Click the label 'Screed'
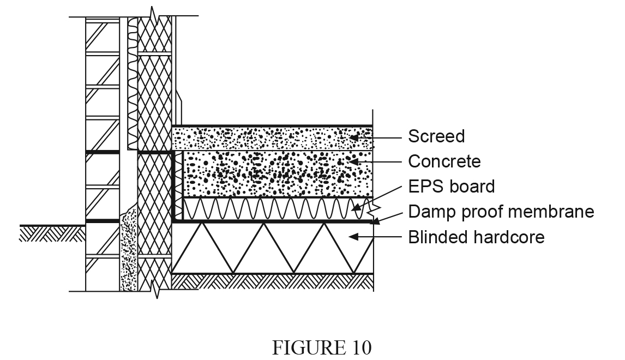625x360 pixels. (x=436, y=136)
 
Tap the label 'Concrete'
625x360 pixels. (x=444, y=161)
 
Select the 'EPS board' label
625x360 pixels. (x=452, y=187)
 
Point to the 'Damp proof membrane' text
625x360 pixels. (x=501, y=212)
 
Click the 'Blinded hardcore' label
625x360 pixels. (x=476, y=237)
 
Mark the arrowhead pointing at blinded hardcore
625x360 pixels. (x=353, y=237)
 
